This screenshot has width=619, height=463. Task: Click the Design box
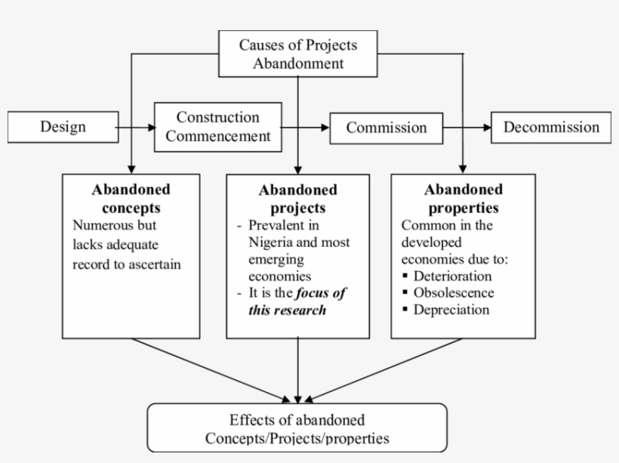[x=62, y=127]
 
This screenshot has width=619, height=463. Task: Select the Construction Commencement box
[x=218, y=127]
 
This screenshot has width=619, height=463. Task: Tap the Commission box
[x=386, y=128]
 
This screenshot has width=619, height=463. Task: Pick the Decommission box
[x=551, y=127]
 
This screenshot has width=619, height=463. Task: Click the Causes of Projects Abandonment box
[x=297, y=54]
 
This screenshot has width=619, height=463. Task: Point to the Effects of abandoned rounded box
[x=297, y=428]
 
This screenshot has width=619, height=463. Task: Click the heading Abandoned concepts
[x=131, y=198]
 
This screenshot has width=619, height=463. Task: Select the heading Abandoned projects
[x=297, y=199]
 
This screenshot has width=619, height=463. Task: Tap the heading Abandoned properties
[x=463, y=198]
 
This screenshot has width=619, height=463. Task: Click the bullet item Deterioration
[x=451, y=276]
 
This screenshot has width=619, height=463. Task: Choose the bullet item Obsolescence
[x=453, y=292]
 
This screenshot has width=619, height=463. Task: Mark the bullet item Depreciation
[x=451, y=310]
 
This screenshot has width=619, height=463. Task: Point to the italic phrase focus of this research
[x=297, y=301]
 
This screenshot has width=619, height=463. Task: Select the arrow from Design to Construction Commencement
[x=136, y=128]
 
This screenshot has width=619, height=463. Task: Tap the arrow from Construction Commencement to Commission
[x=306, y=128]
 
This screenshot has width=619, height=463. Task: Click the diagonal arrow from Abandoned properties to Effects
[x=385, y=370]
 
